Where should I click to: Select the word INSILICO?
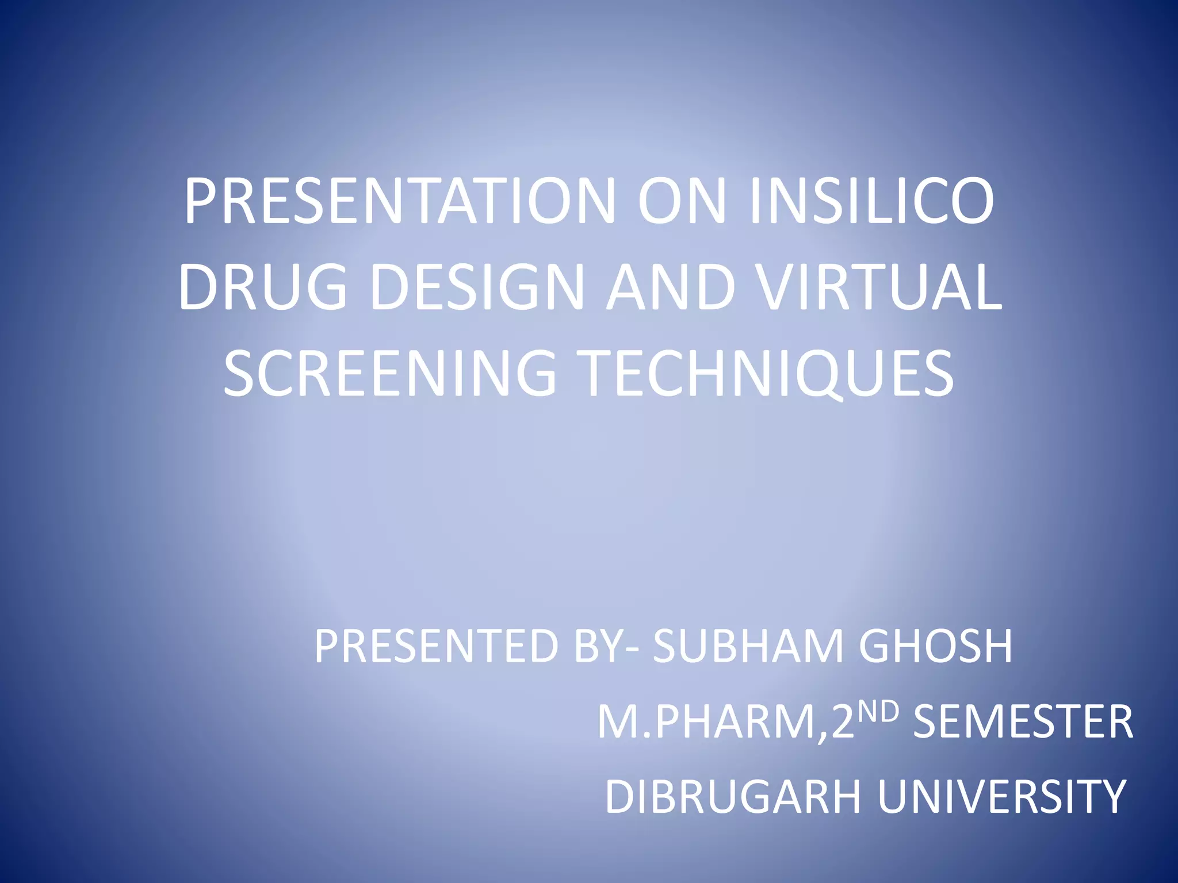pos(872,202)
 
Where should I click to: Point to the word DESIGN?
pos(481,287)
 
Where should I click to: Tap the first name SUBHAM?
pos(748,647)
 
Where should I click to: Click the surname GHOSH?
pos(935,647)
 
